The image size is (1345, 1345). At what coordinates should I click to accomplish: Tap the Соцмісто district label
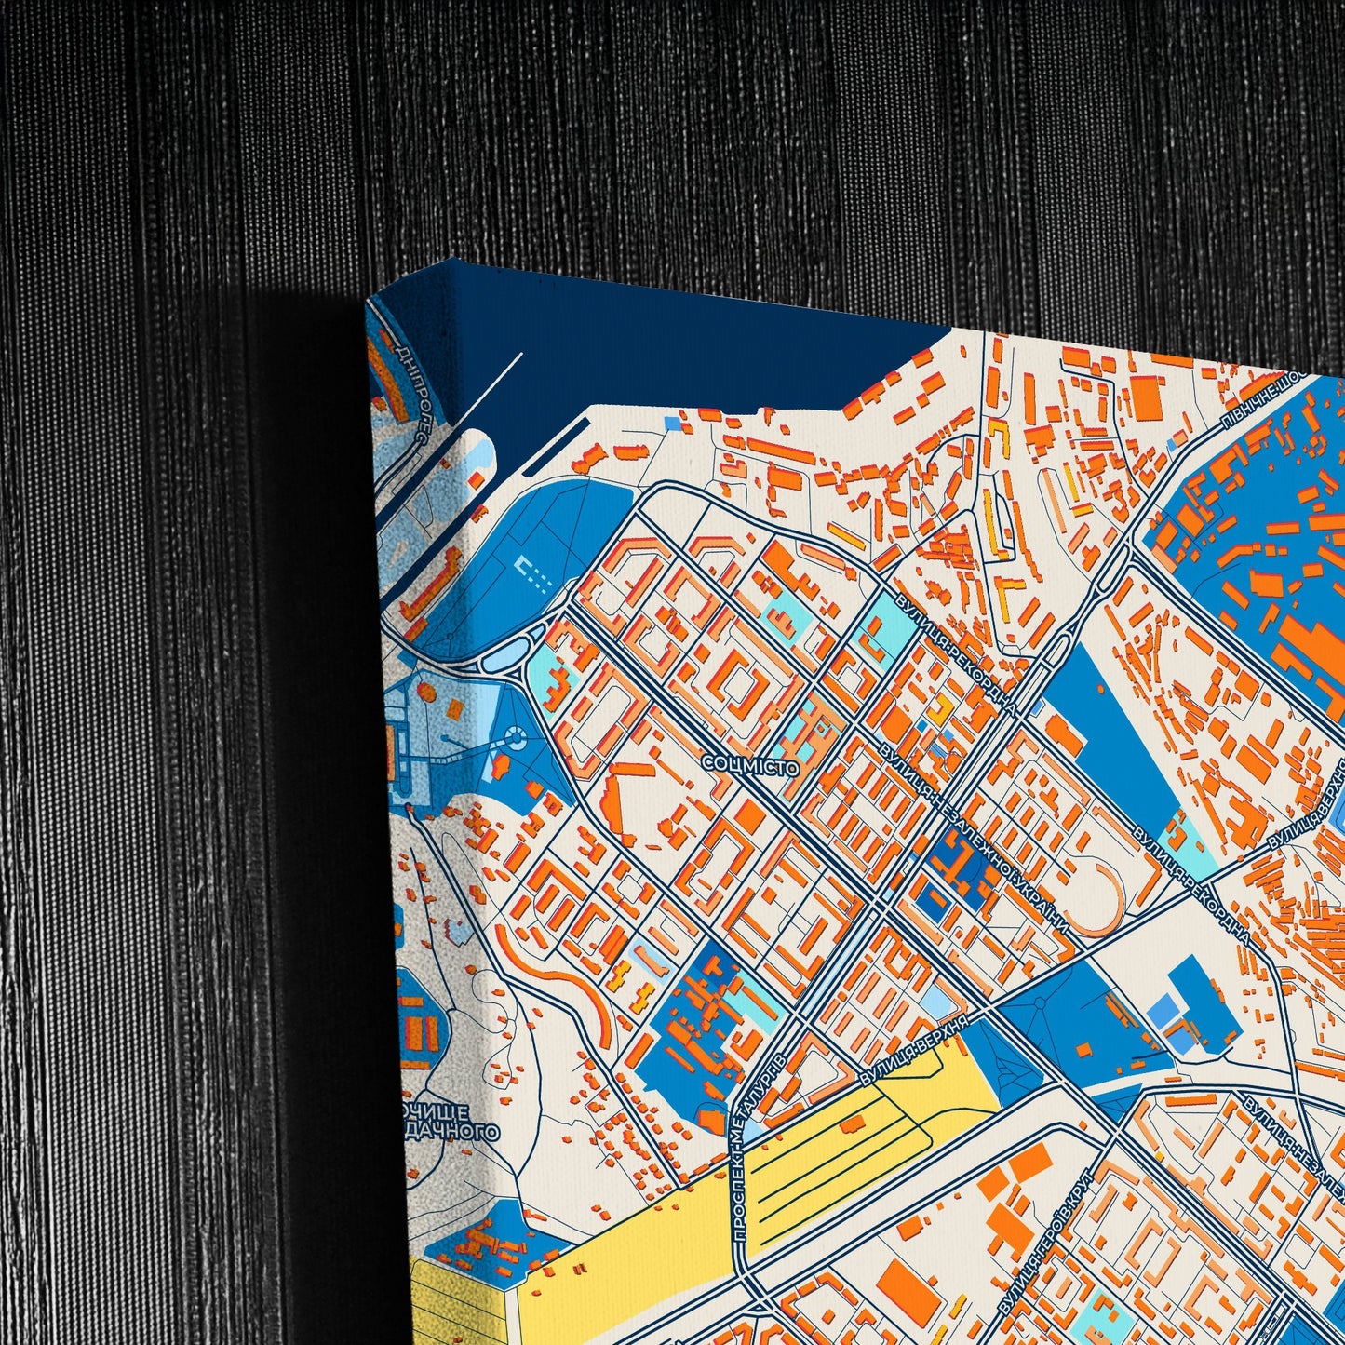point(750,766)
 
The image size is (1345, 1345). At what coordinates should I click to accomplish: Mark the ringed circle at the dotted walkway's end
point(514,740)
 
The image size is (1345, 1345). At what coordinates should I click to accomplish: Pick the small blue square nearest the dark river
point(672,424)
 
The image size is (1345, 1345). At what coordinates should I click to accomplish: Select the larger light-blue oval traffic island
point(498,662)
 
